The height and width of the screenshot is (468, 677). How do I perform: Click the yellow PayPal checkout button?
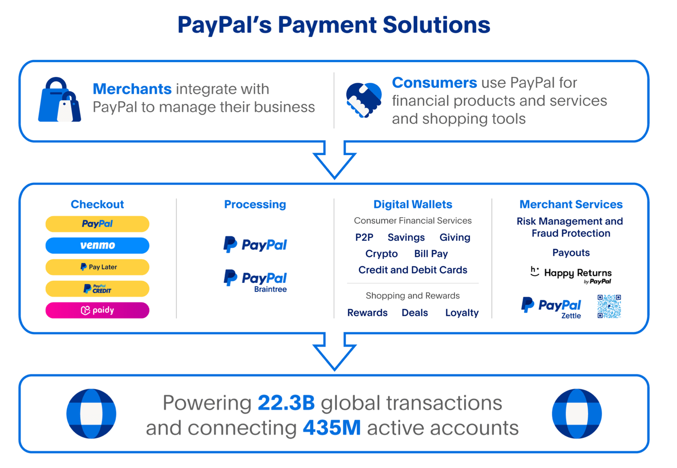pyautogui.click(x=97, y=224)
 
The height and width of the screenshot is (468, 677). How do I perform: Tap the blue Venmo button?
pyautogui.click(x=97, y=245)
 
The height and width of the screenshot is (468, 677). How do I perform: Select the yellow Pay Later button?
pyautogui.click(x=97, y=267)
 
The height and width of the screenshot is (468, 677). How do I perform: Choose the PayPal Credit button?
pyautogui.click(x=97, y=289)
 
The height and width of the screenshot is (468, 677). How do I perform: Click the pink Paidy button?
pyautogui.click(x=97, y=310)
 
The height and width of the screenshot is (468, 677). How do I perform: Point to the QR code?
pyautogui.click(x=609, y=306)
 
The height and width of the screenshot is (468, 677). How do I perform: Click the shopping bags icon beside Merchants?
pyautogui.click(x=60, y=100)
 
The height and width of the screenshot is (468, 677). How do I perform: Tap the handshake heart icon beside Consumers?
pyautogui.click(x=363, y=100)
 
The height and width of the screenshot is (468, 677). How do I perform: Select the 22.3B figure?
pyautogui.click(x=286, y=403)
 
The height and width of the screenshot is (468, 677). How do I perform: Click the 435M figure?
pyautogui.click(x=332, y=428)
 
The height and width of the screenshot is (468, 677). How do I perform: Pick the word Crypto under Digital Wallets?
pyautogui.click(x=382, y=254)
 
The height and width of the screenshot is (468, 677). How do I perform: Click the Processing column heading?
pyautogui.click(x=255, y=204)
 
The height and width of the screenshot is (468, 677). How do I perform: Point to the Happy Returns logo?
pyautogui.click(x=571, y=275)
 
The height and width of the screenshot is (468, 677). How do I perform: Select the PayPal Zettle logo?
pyautogui.click(x=551, y=307)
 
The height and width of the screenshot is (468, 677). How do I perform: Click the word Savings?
pyautogui.click(x=406, y=237)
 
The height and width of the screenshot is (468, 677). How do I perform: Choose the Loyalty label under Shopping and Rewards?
pyautogui.click(x=462, y=313)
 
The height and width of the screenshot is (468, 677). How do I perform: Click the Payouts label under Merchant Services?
pyautogui.click(x=571, y=253)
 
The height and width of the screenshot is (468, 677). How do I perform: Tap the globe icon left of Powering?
pyautogui.click(x=91, y=414)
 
